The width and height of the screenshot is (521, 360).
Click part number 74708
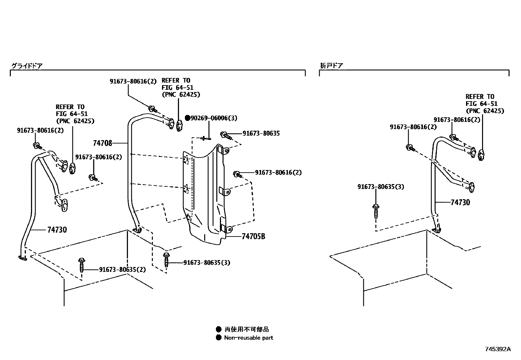(x=102, y=143)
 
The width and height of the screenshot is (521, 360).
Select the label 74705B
(x=253, y=237)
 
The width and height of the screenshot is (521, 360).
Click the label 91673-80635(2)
(x=122, y=270)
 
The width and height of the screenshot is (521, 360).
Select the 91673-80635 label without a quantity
(x=261, y=134)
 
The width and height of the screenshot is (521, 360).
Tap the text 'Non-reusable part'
(x=248, y=338)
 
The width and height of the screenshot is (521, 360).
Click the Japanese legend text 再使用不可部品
(x=246, y=329)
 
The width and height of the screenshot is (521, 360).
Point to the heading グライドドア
(x=27, y=66)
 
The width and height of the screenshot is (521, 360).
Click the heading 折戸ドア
(x=331, y=66)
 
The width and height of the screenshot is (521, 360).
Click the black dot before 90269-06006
(x=188, y=118)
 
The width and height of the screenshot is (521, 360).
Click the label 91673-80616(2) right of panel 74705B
(x=278, y=173)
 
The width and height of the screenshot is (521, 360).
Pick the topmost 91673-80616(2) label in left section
(x=133, y=82)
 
